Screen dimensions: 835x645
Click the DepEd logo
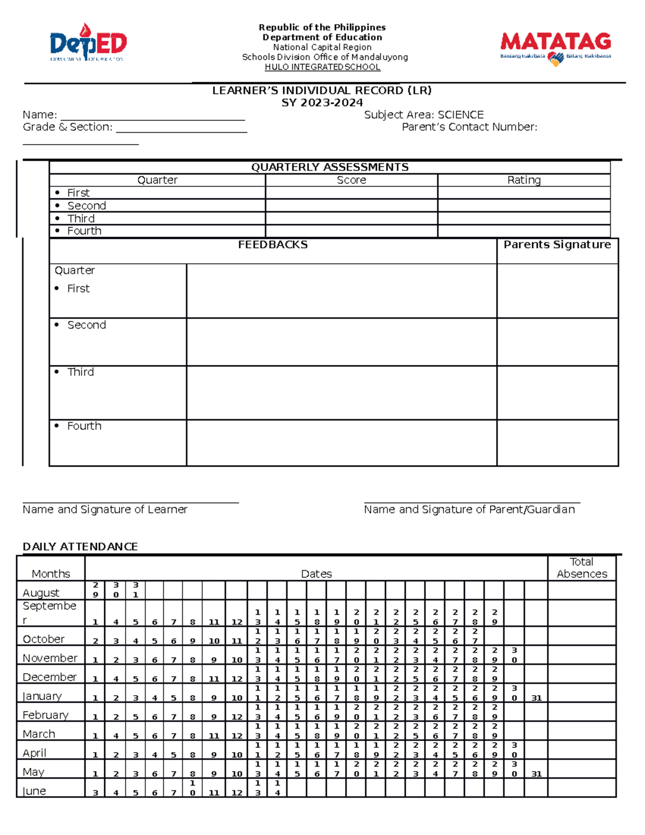point(88,43)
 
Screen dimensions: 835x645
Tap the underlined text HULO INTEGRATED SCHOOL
point(322,67)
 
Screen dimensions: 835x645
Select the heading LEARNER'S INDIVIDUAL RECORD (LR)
point(322,90)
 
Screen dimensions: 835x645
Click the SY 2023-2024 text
point(322,103)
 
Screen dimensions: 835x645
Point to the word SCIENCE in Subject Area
point(461,115)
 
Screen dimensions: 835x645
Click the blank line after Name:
point(153,116)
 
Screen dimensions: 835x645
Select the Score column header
point(351,180)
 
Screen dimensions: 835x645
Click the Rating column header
point(524,180)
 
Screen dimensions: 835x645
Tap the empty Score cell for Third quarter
point(351,218)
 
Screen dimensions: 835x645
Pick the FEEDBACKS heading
point(273,245)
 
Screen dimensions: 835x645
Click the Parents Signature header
point(557,245)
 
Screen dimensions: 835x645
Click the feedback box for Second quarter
point(341,342)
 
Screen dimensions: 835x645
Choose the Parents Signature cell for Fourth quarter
point(557,443)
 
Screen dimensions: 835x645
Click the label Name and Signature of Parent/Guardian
point(469,509)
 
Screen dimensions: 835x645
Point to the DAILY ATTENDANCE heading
point(80,546)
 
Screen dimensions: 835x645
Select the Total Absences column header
point(582,568)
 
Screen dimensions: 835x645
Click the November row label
point(50,658)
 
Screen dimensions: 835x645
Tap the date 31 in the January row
point(536,698)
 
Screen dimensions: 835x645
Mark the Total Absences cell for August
point(582,590)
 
